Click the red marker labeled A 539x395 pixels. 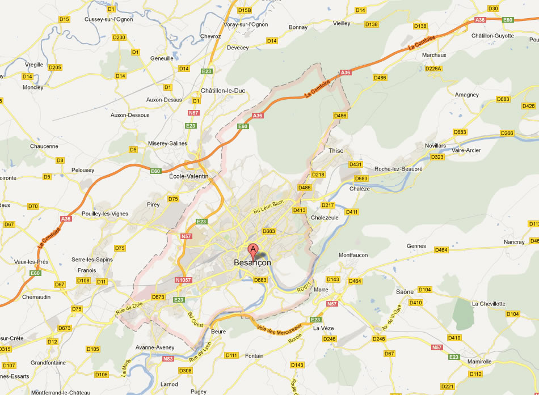point(253,250)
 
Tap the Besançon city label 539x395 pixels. point(252,263)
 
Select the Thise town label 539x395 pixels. point(336,151)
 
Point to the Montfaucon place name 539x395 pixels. point(354,255)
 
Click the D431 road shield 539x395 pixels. point(355,164)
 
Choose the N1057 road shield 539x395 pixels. point(184,280)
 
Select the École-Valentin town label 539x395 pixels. point(189,176)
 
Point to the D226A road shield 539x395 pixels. point(433,69)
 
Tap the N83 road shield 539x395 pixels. point(169,358)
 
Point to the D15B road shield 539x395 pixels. point(245,10)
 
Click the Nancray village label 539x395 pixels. point(514,242)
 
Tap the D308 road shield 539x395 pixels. point(186,371)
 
